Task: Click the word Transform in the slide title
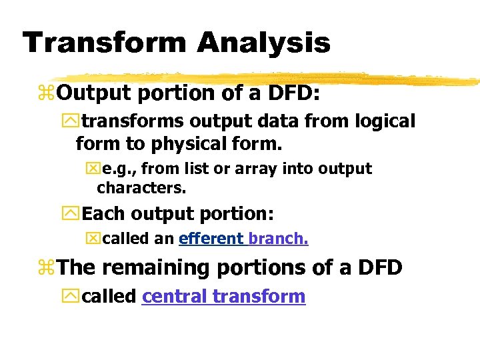click(104, 43)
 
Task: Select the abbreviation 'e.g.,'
click(122, 169)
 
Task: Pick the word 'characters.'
click(141, 188)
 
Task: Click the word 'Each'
click(104, 214)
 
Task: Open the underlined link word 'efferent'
click(211, 239)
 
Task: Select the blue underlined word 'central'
click(175, 296)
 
